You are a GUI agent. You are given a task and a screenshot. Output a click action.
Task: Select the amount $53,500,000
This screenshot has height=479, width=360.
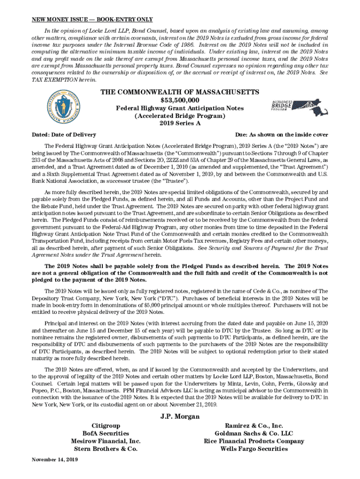pyautogui.click(x=180, y=100)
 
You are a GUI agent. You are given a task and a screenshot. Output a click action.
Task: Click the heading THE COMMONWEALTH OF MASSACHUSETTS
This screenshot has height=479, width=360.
pyautogui.click(x=180, y=92)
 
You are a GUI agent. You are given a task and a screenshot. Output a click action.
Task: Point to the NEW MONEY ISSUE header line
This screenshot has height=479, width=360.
pyautogui.click(x=92, y=20)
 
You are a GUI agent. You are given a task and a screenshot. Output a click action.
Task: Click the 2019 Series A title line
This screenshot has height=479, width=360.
pyautogui.click(x=180, y=123)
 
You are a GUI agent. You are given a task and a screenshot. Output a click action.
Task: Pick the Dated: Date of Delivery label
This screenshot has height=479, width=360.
pyautogui.click(x=64, y=135)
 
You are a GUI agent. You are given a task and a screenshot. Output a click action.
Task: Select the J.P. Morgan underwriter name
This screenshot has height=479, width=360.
pyautogui.click(x=180, y=416)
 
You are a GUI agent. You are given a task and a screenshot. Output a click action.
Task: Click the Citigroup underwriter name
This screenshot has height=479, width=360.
pyautogui.click(x=106, y=426)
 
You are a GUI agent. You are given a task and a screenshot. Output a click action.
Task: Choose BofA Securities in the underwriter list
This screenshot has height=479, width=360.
pyautogui.click(x=106, y=434)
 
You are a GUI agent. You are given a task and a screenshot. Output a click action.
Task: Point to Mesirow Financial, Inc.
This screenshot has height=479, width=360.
pyautogui.click(x=106, y=441)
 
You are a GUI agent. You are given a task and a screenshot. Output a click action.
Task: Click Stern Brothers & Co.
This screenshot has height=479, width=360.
pyautogui.click(x=106, y=449)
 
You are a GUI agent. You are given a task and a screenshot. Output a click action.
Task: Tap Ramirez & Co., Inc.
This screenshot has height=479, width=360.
pyautogui.click(x=254, y=426)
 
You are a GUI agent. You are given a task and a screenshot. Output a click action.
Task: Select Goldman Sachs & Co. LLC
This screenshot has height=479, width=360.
pyautogui.click(x=254, y=434)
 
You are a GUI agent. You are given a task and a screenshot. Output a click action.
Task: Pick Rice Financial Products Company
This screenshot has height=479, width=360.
pyautogui.click(x=254, y=441)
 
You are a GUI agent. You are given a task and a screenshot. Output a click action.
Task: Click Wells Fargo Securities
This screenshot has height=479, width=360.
pyautogui.click(x=254, y=449)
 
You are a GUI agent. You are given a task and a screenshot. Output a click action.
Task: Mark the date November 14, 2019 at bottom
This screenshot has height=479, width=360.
pyautogui.click(x=55, y=460)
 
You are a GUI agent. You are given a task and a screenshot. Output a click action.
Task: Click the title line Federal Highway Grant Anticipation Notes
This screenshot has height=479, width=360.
pyautogui.click(x=180, y=108)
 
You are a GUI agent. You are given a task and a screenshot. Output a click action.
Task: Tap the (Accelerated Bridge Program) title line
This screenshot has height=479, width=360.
pyautogui.click(x=180, y=116)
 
